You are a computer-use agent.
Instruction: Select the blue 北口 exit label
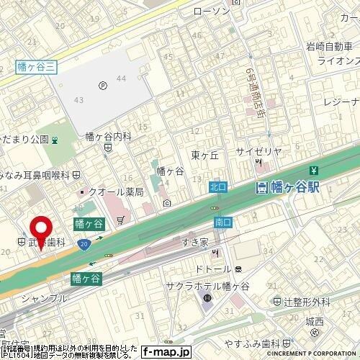pos(218,186)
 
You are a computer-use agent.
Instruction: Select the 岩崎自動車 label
pos(328,48)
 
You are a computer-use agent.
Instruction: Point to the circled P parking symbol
pos(103,83)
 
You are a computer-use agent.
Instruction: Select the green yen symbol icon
pos(313,171)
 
